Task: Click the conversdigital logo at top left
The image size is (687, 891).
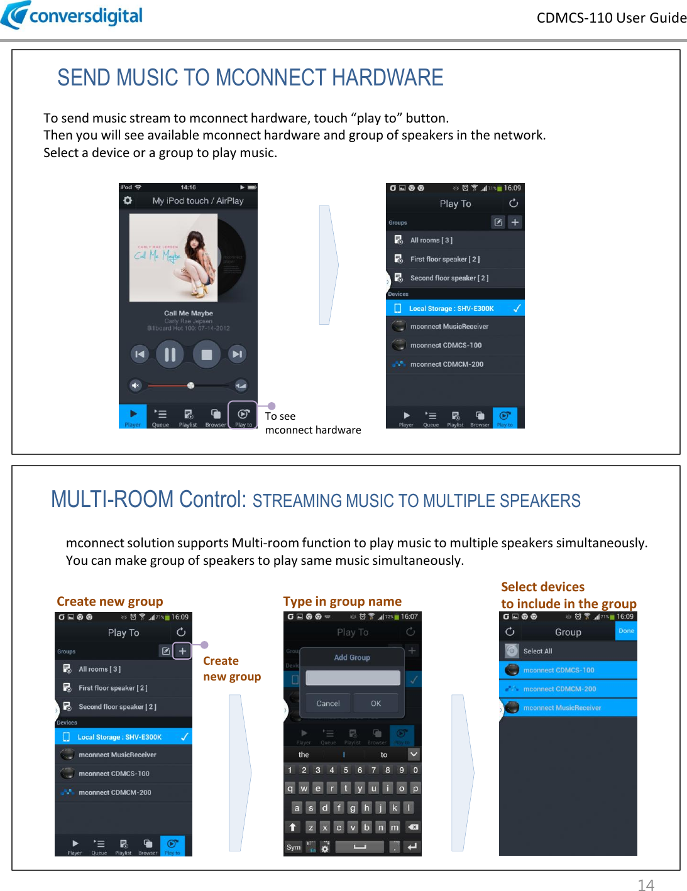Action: coord(72,15)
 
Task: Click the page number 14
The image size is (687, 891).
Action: coord(646,885)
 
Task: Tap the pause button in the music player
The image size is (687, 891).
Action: coord(170,354)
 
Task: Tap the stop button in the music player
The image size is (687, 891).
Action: coord(206,354)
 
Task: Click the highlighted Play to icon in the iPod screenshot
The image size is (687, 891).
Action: coord(243,415)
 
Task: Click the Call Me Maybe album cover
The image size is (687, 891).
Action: coord(173,258)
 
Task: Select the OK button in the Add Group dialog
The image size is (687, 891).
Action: coord(376,703)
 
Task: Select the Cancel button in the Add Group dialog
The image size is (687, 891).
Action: coord(327,703)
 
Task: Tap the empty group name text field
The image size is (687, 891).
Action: coord(353,677)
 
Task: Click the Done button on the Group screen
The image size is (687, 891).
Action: coord(626,631)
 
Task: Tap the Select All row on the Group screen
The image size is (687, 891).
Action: coord(568,651)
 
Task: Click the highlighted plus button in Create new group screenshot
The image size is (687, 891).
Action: coord(182,651)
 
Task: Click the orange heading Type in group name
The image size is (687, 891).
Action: coord(342,601)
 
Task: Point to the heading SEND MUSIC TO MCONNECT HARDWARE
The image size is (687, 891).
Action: coord(250,78)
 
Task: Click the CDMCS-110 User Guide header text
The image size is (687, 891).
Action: coord(611,18)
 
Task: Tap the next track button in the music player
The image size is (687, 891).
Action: coord(237,354)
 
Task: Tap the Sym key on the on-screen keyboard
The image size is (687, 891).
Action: coord(294,847)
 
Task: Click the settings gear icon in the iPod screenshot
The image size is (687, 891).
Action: coord(128,200)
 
